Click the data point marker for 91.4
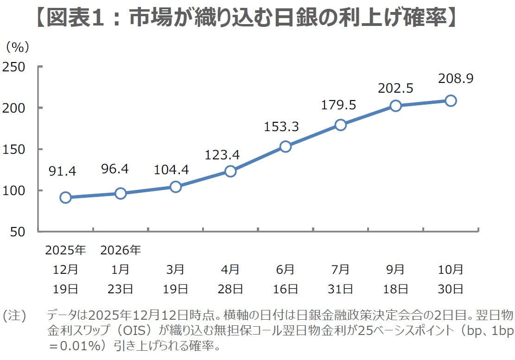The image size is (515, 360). click(65, 197)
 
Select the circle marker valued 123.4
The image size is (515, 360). click(230, 171)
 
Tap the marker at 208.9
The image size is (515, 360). click(450, 101)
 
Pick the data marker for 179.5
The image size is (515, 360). click(341, 125)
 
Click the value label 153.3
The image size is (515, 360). click(281, 126)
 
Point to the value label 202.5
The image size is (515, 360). click(395, 88)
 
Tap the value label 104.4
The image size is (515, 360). click(171, 170)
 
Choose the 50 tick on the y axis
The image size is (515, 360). click(18, 232)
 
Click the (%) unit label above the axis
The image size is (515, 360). click(17, 47)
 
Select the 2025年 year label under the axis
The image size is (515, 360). click(66, 251)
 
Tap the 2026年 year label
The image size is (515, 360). click(121, 251)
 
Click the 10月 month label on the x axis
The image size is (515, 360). click(451, 270)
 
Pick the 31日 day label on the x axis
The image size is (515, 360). click(341, 289)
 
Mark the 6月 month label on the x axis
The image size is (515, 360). click(286, 270)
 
